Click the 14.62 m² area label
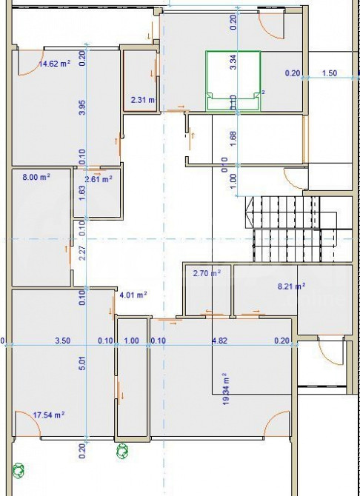(x=53, y=64)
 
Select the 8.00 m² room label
(x=36, y=177)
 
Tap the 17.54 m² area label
(x=47, y=415)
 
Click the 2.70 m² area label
(x=207, y=273)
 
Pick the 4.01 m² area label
(x=133, y=295)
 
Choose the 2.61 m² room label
(x=98, y=178)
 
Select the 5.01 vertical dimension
(x=82, y=363)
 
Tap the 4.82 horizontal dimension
(x=219, y=341)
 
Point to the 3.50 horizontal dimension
(x=63, y=341)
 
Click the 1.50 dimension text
(x=329, y=73)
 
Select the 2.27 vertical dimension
(x=82, y=253)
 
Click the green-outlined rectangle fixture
(x=234, y=80)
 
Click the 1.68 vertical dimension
(x=233, y=138)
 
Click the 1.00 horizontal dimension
(x=131, y=341)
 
